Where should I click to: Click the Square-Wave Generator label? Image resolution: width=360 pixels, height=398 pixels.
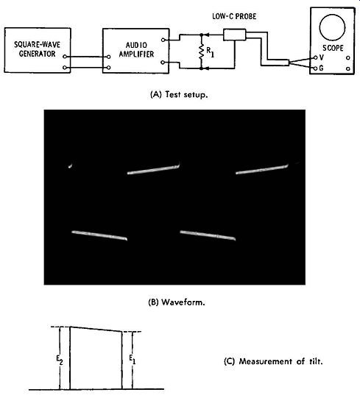tap(37, 49)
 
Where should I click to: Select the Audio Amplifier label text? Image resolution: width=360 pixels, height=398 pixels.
tap(136, 49)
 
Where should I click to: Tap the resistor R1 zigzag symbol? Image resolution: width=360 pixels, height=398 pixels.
tap(202, 51)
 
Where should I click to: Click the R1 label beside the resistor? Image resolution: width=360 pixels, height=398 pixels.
tap(210, 52)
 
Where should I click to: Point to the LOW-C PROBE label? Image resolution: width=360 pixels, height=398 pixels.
tap(234, 17)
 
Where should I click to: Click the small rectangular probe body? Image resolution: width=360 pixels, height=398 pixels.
tap(235, 35)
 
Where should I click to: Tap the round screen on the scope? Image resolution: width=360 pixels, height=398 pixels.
tap(332, 27)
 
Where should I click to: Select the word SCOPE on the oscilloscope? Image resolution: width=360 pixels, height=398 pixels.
tap(333, 48)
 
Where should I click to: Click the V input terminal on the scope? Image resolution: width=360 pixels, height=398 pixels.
tap(316, 57)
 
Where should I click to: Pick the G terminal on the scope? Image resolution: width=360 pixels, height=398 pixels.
tap(316, 68)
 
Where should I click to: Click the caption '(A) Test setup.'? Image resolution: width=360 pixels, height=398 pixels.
tap(180, 95)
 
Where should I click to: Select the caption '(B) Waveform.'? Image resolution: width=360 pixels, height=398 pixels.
tap(177, 302)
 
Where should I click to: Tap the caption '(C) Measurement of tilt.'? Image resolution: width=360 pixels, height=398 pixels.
tap(273, 361)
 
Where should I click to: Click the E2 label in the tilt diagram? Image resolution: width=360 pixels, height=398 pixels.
tap(60, 360)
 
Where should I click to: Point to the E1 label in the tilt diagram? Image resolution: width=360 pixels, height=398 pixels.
tap(132, 359)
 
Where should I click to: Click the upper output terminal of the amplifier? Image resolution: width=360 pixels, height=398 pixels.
tap(163, 40)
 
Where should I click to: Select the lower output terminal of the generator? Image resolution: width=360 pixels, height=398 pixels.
tap(65, 68)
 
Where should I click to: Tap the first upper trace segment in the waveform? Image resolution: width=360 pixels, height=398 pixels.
tap(153, 169)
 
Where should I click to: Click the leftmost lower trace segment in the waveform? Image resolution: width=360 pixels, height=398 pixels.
tap(99, 235)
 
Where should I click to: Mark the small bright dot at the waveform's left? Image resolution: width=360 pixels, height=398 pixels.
tap(70, 166)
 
